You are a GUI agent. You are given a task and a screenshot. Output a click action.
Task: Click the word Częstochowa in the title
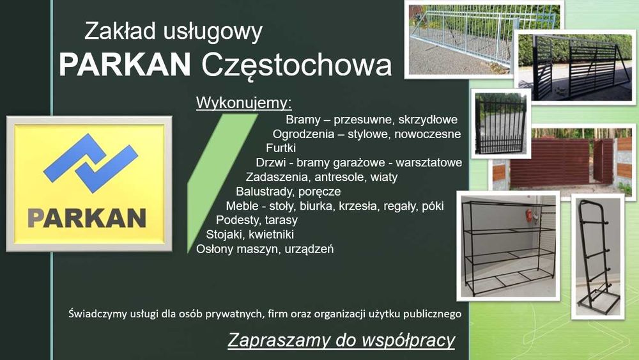tap(296, 65)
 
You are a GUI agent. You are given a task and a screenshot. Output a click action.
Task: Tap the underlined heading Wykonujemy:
tap(243, 103)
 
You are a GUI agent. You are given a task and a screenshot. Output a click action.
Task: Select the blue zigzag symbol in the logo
tap(91, 163)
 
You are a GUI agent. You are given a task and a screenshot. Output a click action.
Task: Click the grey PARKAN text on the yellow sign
tap(87, 219)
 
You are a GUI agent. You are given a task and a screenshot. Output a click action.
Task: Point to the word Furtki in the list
tap(281, 148)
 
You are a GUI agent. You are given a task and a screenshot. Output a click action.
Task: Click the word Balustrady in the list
tap(266, 191)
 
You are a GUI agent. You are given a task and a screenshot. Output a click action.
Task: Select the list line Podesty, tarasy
tap(257, 220)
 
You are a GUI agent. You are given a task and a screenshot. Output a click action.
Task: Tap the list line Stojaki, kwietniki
tap(250, 235)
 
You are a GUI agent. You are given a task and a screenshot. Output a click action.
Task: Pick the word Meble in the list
tap(242, 206)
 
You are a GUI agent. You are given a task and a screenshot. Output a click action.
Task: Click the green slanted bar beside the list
tap(222, 183)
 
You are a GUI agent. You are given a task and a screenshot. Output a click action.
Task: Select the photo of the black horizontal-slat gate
tap(576, 67)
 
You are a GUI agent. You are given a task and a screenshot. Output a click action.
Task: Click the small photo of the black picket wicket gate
tap(501, 123)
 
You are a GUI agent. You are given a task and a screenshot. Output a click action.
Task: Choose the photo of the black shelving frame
tap(509, 246)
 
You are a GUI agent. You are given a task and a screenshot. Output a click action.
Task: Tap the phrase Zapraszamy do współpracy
tap(341, 340)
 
